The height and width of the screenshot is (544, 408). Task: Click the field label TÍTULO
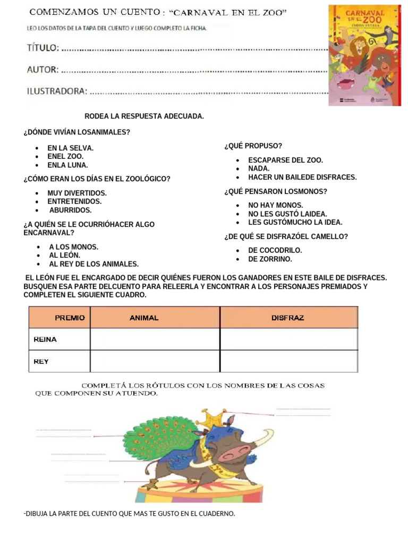click(x=43, y=48)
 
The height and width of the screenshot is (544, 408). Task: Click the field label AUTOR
click(x=42, y=70)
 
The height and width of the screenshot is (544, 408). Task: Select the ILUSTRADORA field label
click(x=57, y=91)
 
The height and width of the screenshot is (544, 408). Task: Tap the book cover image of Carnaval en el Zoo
click(x=364, y=55)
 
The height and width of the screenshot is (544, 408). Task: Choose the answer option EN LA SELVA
click(x=70, y=148)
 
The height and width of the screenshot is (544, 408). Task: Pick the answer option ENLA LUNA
click(x=67, y=165)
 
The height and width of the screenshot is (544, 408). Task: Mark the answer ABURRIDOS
click(x=70, y=210)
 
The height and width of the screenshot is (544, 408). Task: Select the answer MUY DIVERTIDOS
click(x=77, y=193)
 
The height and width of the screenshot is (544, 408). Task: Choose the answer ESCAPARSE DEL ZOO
click(x=285, y=160)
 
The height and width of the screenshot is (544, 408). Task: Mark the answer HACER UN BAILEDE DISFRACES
click(x=302, y=177)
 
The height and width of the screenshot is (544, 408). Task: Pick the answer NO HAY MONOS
click(x=276, y=206)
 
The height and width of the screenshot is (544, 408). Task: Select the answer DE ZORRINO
click(x=270, y=259)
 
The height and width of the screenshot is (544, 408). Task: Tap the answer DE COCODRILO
click(x=275, y=250)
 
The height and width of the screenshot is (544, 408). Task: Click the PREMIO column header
click(x=70, y=318)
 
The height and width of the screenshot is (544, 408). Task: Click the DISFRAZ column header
click(x=287, y=318)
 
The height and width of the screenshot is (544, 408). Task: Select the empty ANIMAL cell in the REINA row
click(x=155, y=339)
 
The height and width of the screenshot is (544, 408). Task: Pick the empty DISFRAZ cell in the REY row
click(x=288, y=361)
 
